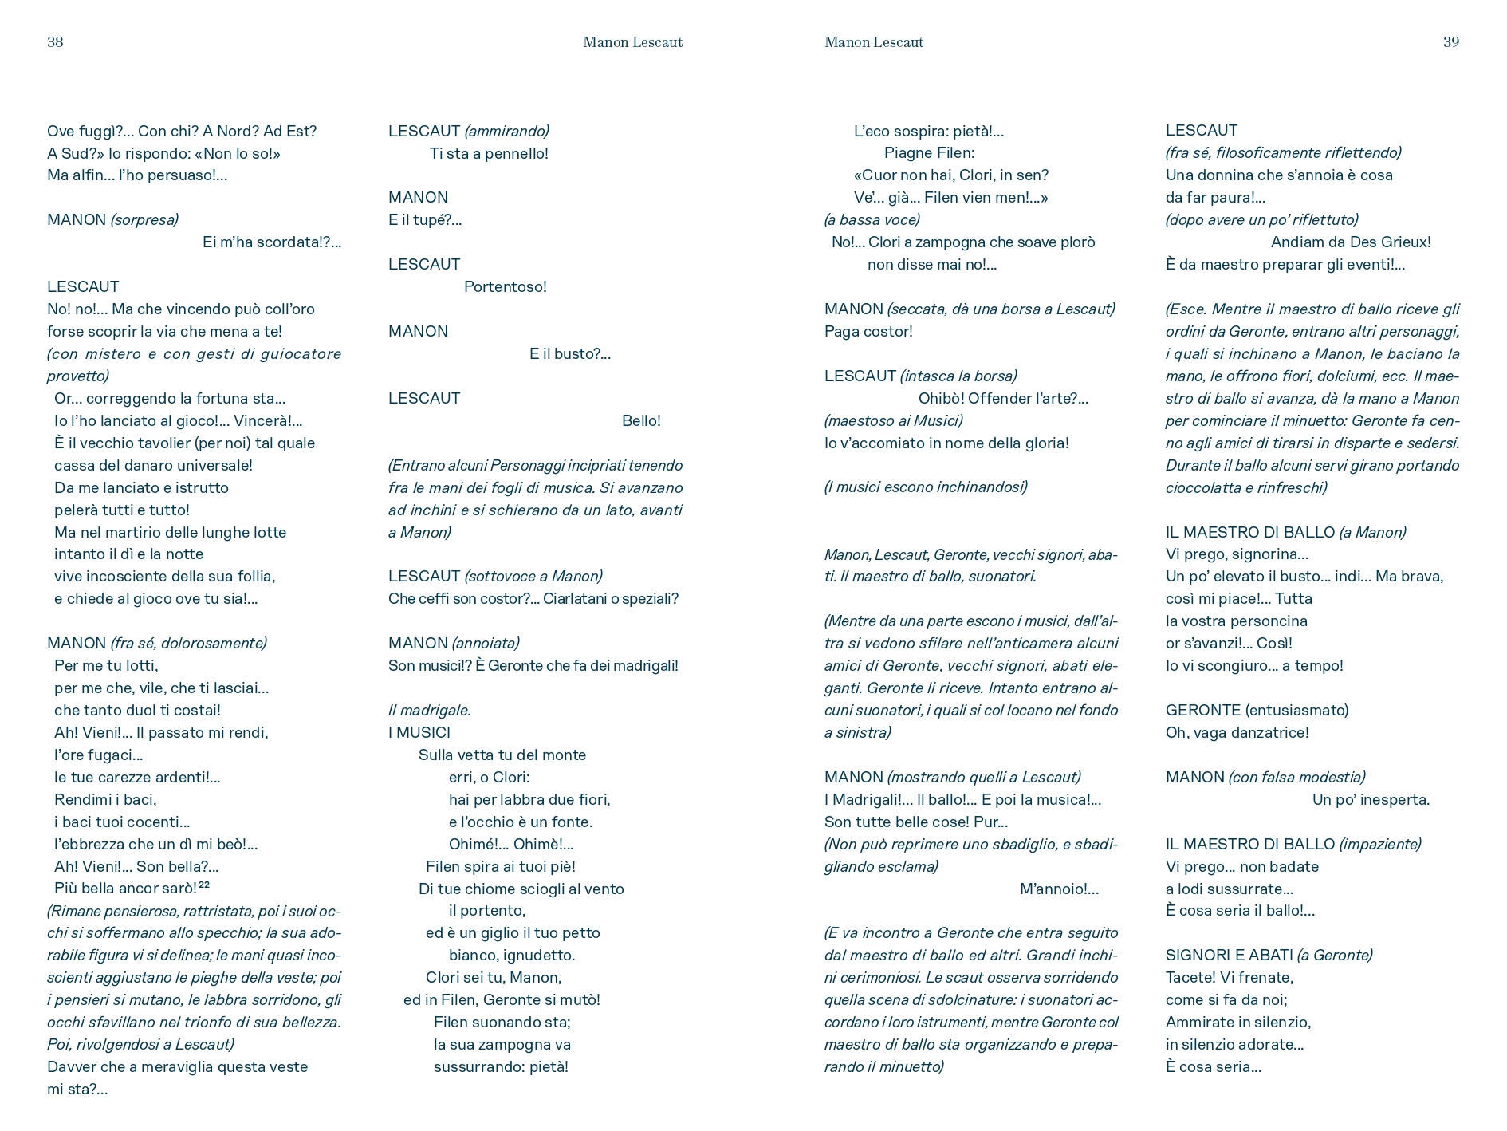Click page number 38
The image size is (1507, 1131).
[x=55, y=42]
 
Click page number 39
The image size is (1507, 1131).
[x=1451, y=42]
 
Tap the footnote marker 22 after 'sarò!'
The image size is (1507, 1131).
[x=204, y=885]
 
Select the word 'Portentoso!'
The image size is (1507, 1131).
[x=506, y=287]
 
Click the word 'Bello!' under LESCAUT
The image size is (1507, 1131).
[x=641, y=421]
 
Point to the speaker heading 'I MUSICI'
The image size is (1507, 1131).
[x=419, y=733]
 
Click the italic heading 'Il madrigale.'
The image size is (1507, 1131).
[x=430, y=711]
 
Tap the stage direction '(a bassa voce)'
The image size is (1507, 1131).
[x=872, y=220]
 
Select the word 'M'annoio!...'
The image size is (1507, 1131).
[x=1059, y=889]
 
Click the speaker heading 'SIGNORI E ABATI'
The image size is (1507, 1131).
[x=1229, y=956]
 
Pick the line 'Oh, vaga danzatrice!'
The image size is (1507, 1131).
[x=1237, y=733]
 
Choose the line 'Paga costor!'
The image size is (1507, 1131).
[x=868, y=332]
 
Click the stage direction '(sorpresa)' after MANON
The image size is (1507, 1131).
[x=144, y=220]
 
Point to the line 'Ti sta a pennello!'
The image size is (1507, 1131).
[x=489, y=154]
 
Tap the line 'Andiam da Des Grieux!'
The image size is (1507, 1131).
[x=1351, y=242]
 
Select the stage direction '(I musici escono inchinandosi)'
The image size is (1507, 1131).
[x=926, y=487]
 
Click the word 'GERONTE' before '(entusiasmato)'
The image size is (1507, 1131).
[x=1202, y=711]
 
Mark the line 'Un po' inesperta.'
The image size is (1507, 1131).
[x=1371, y=800]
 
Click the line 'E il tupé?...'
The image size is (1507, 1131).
[x=425, y=220]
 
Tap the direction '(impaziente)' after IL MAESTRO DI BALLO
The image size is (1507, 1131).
[x=1380, y=845]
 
